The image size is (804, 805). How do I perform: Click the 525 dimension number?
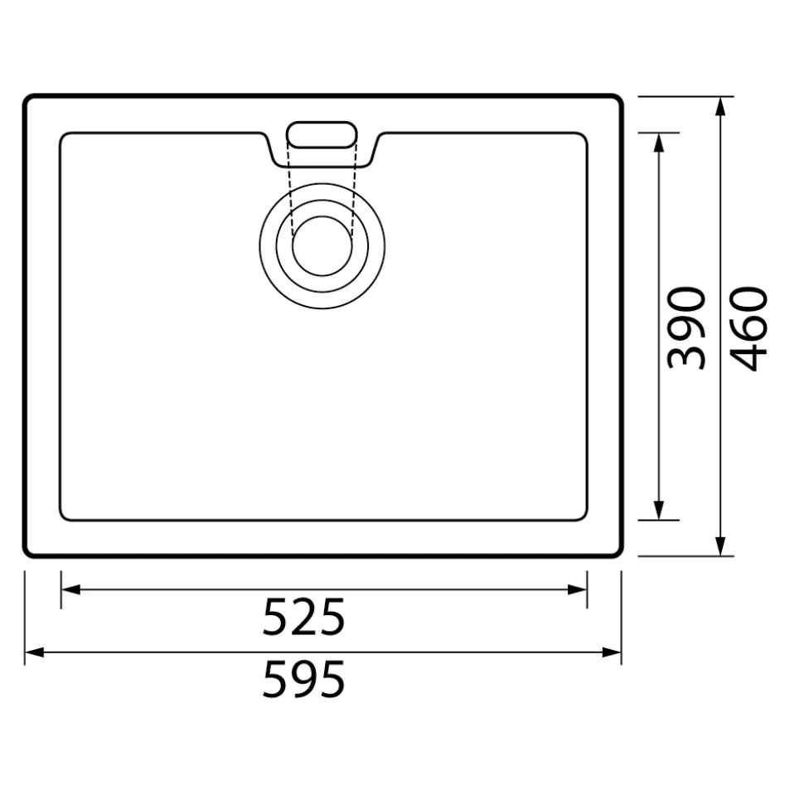click(303, 617)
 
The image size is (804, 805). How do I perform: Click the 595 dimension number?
click(303, 679)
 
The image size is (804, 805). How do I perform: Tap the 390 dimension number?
click(686, 328)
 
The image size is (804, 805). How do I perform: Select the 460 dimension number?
click(748, 328)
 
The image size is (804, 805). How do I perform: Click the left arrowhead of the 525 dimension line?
click(70, 589)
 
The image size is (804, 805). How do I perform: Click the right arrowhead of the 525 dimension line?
click(578, 589)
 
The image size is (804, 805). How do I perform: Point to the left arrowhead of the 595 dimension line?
click(35, 652)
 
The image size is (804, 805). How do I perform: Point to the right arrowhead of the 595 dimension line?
click(612, 652)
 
